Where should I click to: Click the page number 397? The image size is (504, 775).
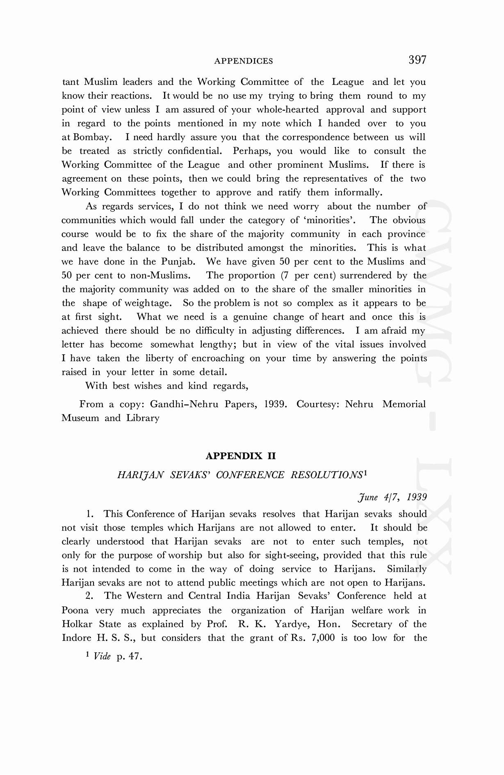[x=417, y=60]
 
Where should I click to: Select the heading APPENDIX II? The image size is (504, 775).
[x=241, y=456]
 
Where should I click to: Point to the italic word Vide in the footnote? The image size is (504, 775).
[x=102, y=656]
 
